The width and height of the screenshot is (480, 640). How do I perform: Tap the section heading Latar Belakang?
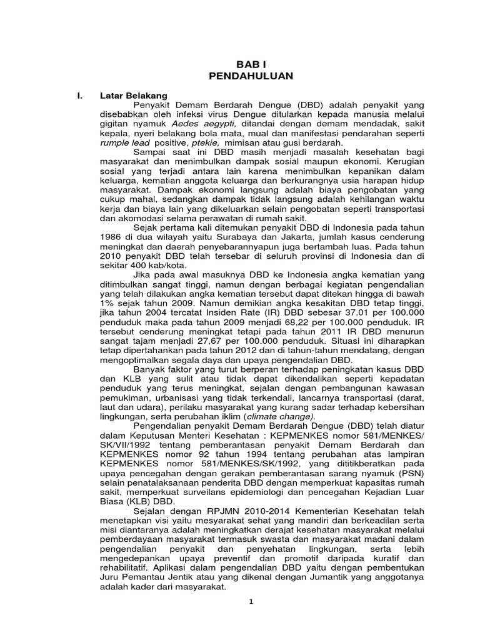[134, 95]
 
